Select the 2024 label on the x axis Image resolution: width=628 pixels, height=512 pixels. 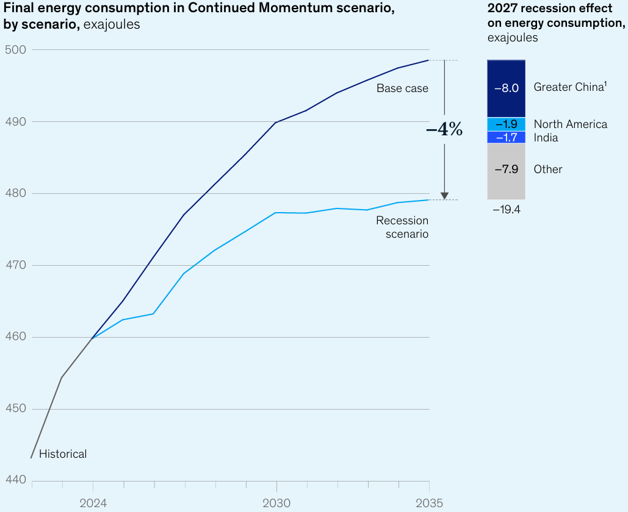(x=93, y=503)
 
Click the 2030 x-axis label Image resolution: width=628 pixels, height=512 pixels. (x=276, y=503)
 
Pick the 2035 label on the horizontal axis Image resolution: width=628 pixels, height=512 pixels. (x=429, y=503)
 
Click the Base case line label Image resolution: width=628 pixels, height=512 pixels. (x=402, y=88)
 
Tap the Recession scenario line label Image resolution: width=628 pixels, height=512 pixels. (x=402, y=227)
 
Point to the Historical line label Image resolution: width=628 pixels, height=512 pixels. (x=63, y=454)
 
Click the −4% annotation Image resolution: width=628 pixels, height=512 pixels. (x=444, y=129)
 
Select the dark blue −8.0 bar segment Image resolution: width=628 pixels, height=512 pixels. (x=506, y=88)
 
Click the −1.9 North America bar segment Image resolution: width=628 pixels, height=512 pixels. (x=506, y=124)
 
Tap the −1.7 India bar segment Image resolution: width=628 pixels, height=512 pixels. (x=506, y=138)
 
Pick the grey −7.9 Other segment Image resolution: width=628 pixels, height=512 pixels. (x=506, y=170)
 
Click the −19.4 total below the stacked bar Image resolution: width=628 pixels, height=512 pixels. (x=506, y=210)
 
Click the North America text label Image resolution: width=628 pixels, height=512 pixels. (x=570, y=124)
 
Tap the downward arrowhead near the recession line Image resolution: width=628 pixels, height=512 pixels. (x=444, y=196)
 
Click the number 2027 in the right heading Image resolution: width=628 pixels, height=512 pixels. (x=502, y=9)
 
